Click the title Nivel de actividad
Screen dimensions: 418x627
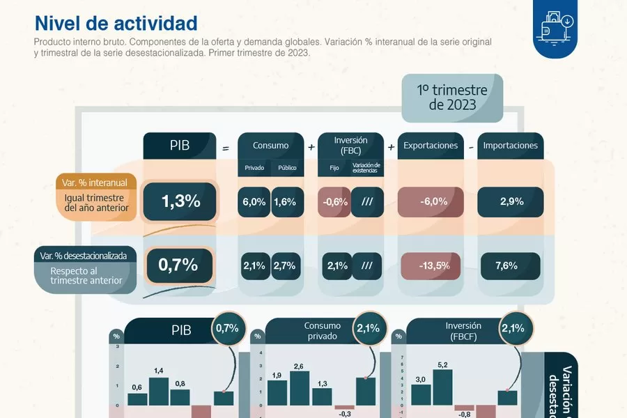(x=116, y=23)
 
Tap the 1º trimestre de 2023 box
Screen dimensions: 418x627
(x=451, y=98)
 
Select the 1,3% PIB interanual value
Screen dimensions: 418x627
(x=180, y=202)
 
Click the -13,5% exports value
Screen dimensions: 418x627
(x=434, y=265)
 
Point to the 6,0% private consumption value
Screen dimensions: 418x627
(x=254, y=202)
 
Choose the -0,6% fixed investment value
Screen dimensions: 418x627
(x=334, y=202)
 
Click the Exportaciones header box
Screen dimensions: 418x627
(x=431, y=146)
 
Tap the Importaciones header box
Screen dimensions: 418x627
(x=511, y=146)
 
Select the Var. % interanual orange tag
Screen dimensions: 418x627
(x=93, y=183)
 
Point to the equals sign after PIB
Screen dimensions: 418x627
(x=226, y=147)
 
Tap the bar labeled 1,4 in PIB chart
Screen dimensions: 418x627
(x=159, y=392)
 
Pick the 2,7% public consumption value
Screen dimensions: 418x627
(x=286, y=265)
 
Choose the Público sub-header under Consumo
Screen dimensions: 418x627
(x=287, y=168)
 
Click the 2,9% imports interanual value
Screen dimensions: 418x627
(x=511, y=202)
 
